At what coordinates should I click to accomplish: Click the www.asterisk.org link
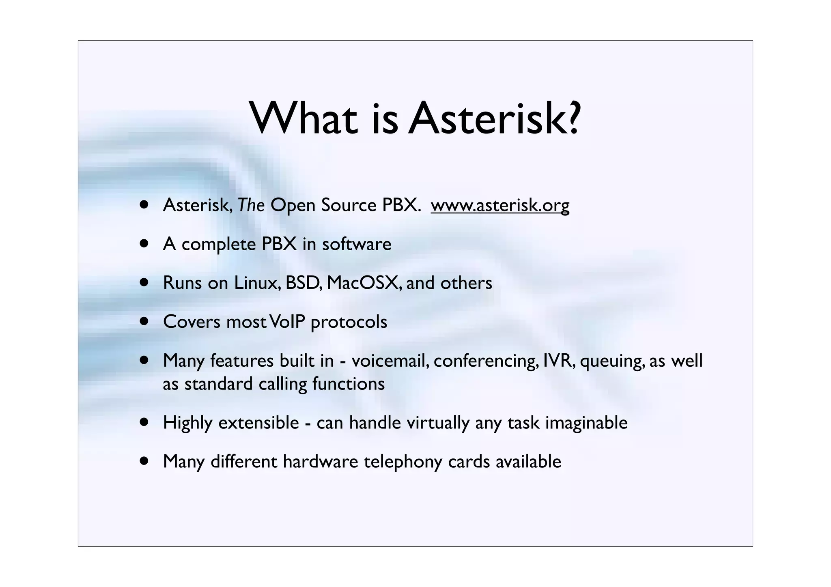pos(500,205)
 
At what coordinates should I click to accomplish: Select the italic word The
pos(251,205)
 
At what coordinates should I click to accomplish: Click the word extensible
pos(258,423)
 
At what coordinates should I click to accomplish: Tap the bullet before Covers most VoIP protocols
pos(144,322)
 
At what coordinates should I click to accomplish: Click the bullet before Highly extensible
pos(144,423)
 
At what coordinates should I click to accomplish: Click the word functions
pos(348,384)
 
